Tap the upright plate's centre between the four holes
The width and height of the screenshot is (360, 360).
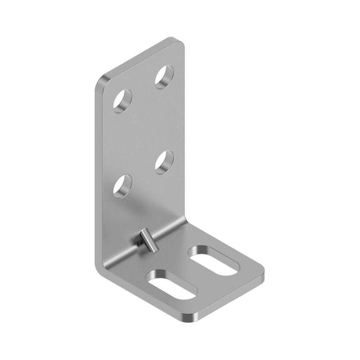[143, 130]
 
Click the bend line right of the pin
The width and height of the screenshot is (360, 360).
[172, 229]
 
